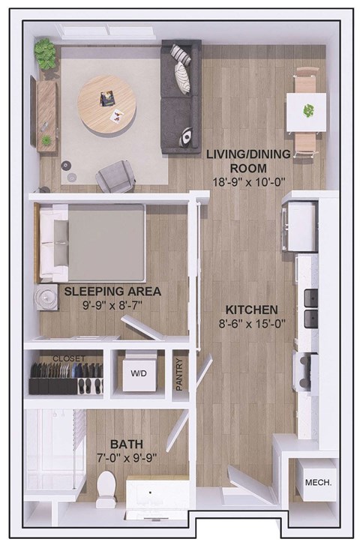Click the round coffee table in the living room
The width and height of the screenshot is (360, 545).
[107, 104]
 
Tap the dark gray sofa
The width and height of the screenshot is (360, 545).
[181, 96]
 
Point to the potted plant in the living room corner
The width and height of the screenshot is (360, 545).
[46, 53]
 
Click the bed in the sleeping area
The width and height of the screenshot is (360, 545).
[92, 240]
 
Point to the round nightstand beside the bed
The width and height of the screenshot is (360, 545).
[46, 295]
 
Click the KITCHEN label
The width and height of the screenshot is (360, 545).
[253, 310]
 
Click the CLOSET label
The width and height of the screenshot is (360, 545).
[68, 358]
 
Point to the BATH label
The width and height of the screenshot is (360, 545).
[126, 444]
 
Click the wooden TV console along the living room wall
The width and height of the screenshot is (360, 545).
[46, 115]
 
